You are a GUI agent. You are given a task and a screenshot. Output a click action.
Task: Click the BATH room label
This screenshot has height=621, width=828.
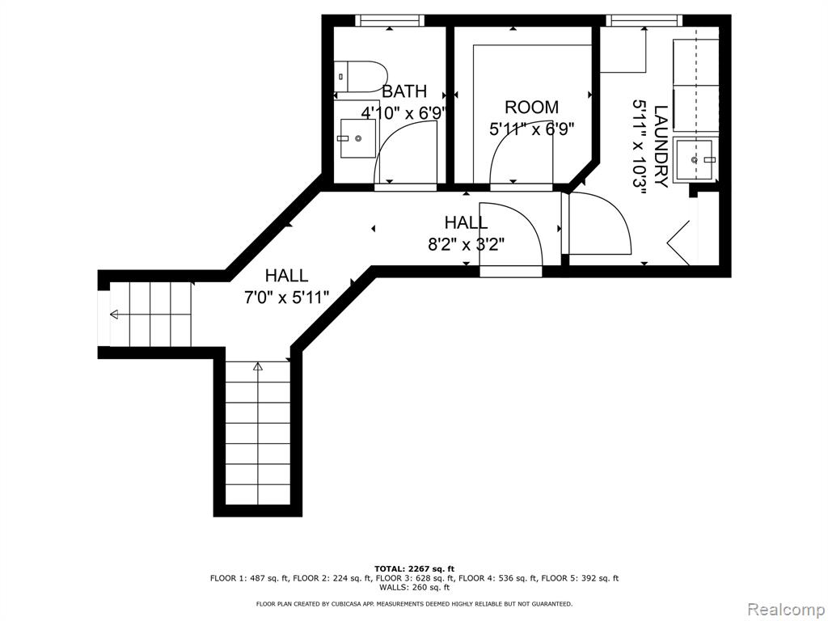coord(404,91)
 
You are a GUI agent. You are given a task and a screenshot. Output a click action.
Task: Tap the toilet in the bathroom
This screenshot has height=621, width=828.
coord(361,77)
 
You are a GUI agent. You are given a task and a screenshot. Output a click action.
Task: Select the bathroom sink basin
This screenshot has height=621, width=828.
coord(358,138)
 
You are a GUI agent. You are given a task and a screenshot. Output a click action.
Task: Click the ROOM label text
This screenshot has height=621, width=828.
coord(532,108)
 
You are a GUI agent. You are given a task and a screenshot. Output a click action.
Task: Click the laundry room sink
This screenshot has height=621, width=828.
coord(696,158)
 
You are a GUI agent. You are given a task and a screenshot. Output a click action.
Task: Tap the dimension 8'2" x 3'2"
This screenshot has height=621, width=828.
coord(467,244)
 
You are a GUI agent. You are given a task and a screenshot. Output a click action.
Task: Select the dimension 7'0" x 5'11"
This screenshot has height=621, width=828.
coord(286,298)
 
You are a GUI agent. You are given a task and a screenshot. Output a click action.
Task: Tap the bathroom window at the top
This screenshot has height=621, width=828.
coord(390,20)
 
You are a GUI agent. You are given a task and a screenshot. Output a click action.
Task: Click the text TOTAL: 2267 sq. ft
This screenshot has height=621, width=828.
coord(415,568)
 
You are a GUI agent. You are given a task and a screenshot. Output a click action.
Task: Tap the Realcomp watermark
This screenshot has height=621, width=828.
coord(786,610)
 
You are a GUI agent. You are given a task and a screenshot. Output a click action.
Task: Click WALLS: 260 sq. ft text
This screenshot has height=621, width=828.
coord(415,587)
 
